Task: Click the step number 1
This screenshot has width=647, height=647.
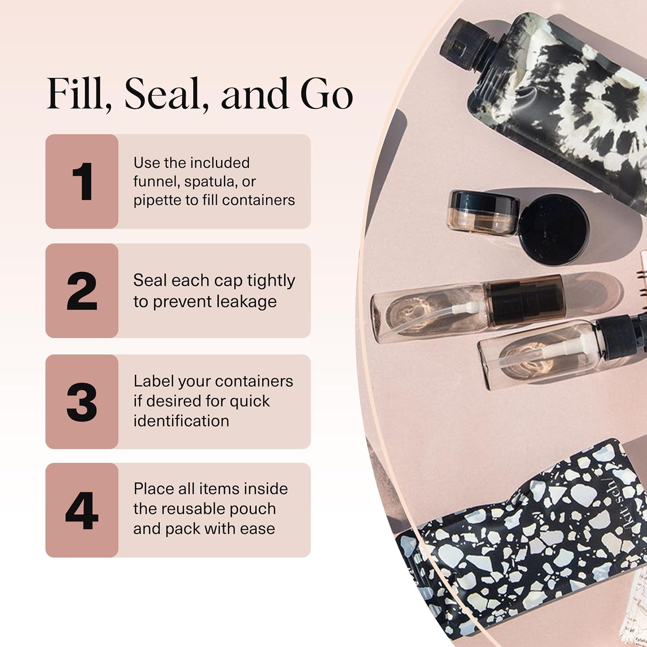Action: click(82, 182)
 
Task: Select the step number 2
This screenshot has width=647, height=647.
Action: click(82, 291)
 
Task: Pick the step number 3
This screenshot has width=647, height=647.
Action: click(82, 402)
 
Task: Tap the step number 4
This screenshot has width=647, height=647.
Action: click(82, 511)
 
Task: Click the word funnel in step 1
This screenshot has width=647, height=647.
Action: click(156, 182)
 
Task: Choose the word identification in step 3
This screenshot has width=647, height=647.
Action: click(181, 421)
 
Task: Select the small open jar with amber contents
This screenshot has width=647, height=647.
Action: click(483, 213)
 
